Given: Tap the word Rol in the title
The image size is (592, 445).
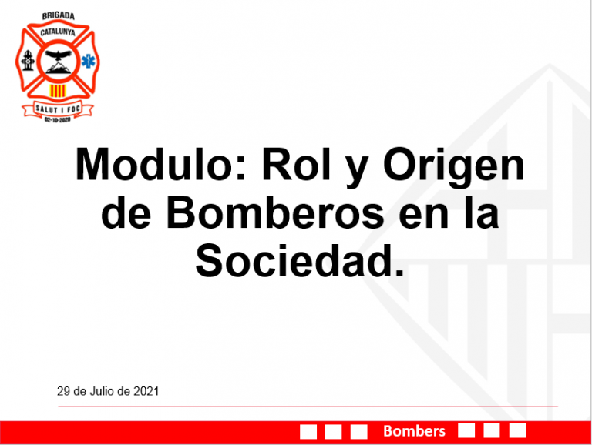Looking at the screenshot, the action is [296, 165].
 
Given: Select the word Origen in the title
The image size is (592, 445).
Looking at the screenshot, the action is [454, 169].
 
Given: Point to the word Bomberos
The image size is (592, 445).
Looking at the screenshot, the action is [275, 212].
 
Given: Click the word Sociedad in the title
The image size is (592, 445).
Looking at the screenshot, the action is [300, 260].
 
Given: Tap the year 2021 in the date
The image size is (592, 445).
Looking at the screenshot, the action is [146, 391].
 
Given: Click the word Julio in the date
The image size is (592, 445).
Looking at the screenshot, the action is [102, 391].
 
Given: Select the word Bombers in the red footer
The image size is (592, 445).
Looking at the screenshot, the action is [414, 430].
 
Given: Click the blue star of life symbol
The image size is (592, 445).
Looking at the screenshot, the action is [89, 61].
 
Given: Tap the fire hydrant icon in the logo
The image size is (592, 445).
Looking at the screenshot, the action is [28, 60].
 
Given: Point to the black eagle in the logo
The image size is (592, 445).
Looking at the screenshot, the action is [58, 55].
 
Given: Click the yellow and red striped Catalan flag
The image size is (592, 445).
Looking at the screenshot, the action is [58, 91].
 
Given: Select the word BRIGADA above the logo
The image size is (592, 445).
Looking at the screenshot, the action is [58, 16].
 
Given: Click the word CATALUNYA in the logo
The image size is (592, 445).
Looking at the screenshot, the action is [58, 32].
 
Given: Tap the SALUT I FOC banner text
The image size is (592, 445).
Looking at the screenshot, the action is [58, 109].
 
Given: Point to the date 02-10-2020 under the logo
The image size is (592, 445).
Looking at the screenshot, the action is [57, 119].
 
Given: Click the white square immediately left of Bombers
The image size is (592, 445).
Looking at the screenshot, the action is [358, 431].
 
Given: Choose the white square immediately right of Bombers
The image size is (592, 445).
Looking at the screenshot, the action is [466, 430].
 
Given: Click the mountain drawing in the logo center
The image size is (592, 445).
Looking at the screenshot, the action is [58, 68].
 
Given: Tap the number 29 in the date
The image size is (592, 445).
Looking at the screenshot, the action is [63, 391].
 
